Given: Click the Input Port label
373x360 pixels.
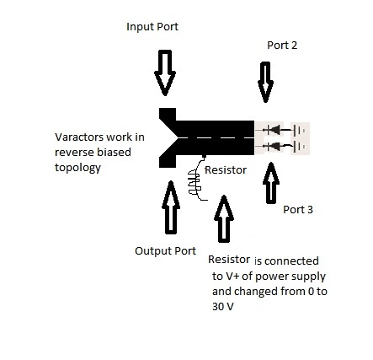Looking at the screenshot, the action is [152, 27].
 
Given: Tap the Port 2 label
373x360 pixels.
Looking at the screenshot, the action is [282, 45].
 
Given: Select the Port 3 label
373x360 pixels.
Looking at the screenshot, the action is [298, 209].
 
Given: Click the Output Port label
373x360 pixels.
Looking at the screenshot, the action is [165, 250].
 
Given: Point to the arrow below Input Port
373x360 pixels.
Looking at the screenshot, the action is [165, 73].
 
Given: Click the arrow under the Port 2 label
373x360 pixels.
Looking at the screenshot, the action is [265, 82].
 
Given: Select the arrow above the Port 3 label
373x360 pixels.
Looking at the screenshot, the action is [271, 183].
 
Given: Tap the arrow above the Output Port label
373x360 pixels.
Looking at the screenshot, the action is [171, 207].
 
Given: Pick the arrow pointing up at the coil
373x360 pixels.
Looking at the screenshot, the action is [224, 219].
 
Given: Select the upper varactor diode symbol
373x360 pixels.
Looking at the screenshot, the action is [273, 130].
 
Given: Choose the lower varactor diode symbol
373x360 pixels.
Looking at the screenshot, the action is [273, 146].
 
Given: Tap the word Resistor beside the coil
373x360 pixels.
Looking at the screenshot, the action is [226, 170].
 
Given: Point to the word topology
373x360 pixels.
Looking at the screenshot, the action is [77, 168].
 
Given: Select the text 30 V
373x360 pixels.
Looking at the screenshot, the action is [223, 306].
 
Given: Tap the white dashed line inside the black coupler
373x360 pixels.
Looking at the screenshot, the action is [215, 137].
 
